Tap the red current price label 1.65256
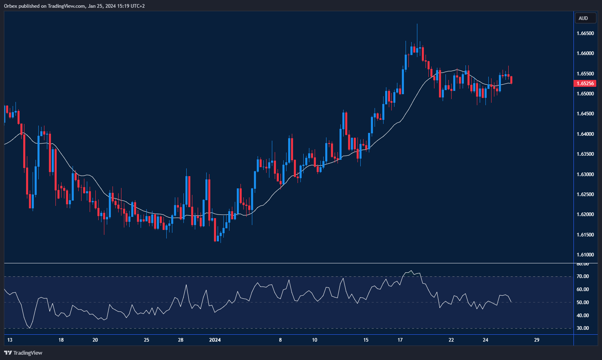585,84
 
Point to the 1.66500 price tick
585,33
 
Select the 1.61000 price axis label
585,255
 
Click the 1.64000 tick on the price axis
585,134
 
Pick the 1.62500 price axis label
585,194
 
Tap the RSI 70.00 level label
582,276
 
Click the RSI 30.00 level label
582,328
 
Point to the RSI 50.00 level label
582,303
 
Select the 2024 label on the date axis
215,340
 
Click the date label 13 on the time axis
10,340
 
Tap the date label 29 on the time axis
536,340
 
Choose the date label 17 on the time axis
400,340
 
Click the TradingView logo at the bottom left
23,353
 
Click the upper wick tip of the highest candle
417,24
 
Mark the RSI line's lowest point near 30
29,328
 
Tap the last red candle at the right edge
511,80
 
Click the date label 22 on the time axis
451,340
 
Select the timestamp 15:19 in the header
122,6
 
